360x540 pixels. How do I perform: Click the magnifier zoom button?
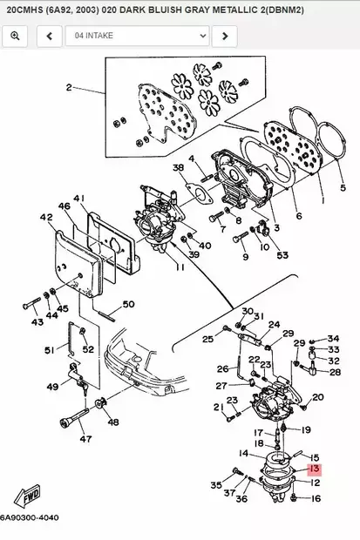15,37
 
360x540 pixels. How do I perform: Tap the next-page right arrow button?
226,37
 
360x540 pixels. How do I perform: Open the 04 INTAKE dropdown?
139,37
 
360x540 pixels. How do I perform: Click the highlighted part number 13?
315,469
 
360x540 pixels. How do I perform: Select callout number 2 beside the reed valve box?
69,88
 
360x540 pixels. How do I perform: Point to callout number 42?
46,217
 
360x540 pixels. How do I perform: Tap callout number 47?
85,439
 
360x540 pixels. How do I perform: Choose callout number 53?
282,256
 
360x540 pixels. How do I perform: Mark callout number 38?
179,168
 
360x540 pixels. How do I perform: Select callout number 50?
128,305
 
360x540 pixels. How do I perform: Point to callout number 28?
335,372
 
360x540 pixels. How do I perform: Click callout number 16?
316,499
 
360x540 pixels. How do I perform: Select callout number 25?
207,339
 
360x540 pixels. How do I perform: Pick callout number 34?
333,339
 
